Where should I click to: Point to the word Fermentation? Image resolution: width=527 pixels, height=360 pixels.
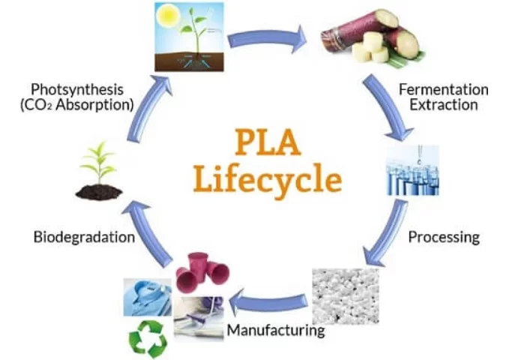[x=443, y=89]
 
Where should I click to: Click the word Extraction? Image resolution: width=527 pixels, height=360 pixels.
[x=442, y=105]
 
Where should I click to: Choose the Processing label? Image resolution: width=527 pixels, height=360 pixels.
[x=443, y=237]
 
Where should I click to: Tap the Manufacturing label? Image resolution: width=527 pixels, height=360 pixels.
[x=276, y=329]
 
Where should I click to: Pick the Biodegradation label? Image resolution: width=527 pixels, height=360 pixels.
[x=84, y=237]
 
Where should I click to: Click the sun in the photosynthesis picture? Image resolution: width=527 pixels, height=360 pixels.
[x=166, y=16]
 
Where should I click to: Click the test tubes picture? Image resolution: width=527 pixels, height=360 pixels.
[x=412, y=171]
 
